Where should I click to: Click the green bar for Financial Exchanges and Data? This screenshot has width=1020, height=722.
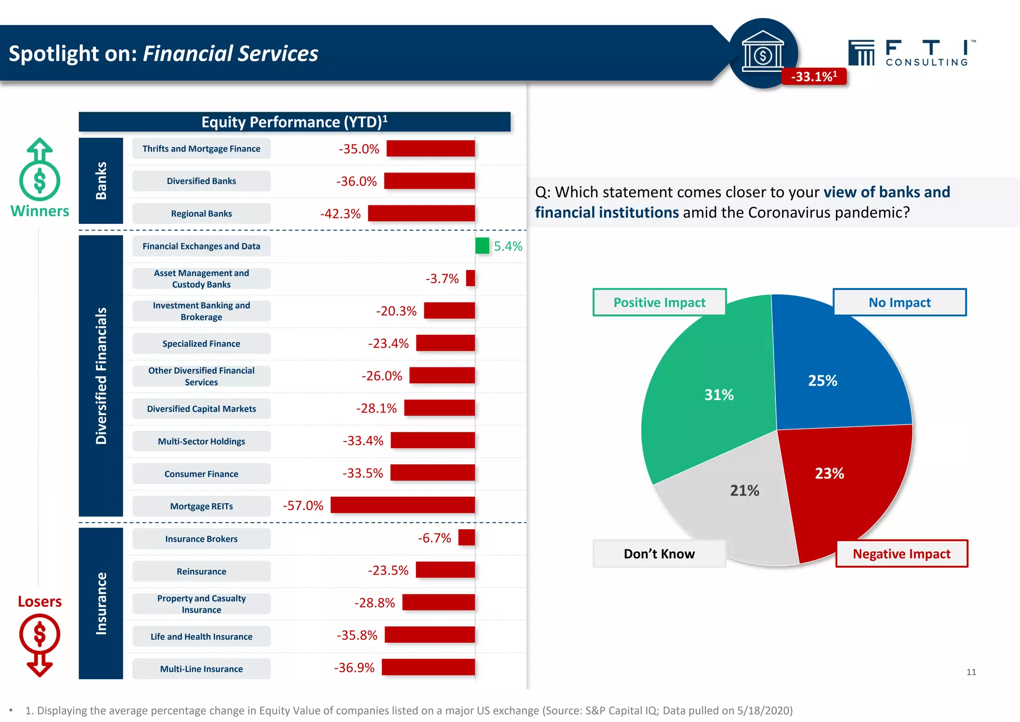(482, 246)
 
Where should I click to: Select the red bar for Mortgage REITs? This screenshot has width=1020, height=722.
(402, 505)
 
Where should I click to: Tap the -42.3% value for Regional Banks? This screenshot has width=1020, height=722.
(340, 214)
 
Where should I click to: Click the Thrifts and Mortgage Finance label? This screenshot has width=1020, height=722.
(201, 148)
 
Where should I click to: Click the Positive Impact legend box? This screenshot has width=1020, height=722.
(659, 302)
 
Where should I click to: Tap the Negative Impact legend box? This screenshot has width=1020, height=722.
(901, 554)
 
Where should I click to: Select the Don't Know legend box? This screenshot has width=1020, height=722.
(659, 554)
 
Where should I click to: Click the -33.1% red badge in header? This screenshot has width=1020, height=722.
(814, 76)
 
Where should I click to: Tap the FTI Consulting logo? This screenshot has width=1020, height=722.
(911, 53)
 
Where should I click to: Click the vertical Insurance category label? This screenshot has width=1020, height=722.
(101, 603)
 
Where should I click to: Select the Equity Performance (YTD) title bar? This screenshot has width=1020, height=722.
(294, 122)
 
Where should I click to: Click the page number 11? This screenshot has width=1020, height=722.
(971, 672)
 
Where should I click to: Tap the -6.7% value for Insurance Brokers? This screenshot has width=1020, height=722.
(434, 538)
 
